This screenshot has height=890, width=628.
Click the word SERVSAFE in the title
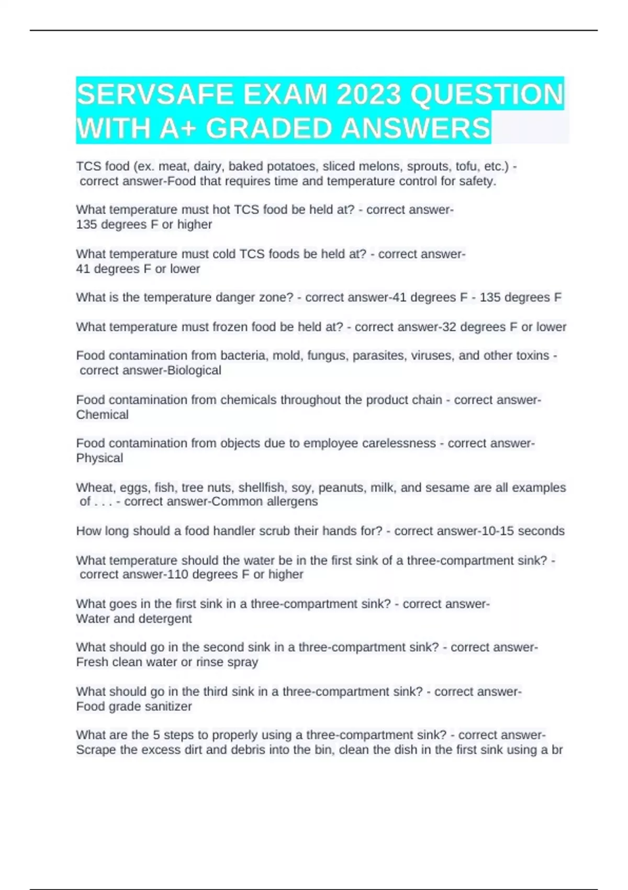155,95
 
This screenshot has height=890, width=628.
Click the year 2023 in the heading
369,95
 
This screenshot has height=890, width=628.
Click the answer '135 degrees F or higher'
144,225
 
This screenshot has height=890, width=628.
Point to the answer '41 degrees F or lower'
138,269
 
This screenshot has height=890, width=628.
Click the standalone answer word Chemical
102,415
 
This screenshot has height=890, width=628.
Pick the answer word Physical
99,458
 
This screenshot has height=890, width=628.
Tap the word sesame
447,488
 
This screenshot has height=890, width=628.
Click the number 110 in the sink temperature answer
177,575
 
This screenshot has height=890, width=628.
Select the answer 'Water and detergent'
134,619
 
